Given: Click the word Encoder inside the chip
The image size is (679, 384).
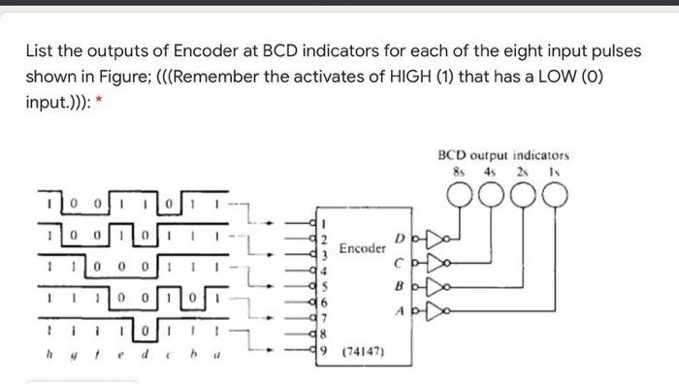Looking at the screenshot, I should (x=363, y=249).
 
